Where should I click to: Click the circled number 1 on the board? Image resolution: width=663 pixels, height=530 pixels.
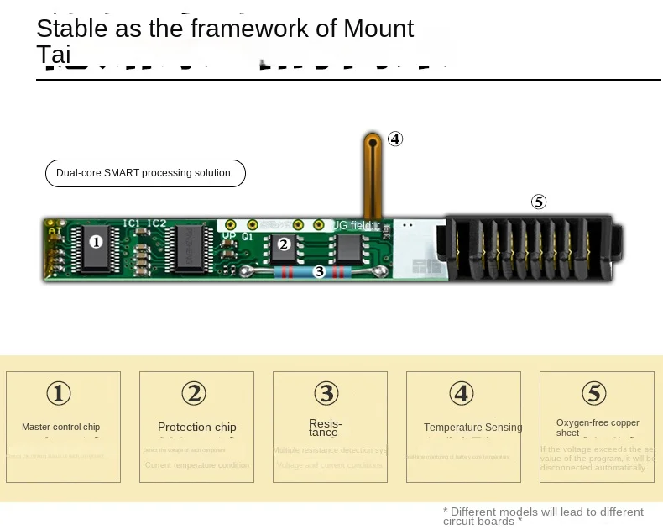click(96, 242)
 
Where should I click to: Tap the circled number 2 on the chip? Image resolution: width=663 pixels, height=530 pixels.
click(284, 244)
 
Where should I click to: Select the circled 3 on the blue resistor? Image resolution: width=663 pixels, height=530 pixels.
click(319, 271)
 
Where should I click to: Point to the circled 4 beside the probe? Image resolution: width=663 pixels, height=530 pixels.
click(394, 139)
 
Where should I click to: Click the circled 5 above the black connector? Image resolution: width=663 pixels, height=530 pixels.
click(539, 202)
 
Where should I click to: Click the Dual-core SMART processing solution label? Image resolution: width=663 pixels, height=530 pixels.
click(144, 173)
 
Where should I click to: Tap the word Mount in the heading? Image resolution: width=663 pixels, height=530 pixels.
click(378, 29)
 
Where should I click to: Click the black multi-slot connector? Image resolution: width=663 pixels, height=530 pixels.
click(534, 248)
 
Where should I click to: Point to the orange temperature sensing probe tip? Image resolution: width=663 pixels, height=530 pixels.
click(371, 143)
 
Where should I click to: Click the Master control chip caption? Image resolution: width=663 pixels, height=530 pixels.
click(61, 427)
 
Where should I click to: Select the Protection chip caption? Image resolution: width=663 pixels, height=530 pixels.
click(197, 427)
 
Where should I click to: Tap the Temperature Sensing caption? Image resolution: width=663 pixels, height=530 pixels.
click(472, 428)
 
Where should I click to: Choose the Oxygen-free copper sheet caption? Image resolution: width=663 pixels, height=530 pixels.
click(598, 428)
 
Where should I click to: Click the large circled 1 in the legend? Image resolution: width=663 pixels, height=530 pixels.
click(59, 393)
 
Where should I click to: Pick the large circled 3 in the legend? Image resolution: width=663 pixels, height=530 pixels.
click(326, 393)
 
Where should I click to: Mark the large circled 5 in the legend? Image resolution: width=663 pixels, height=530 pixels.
click(593, 393)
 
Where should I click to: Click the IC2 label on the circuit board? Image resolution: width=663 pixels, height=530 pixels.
click(157, 223)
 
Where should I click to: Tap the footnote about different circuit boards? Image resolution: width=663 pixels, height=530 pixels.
click(543, 516)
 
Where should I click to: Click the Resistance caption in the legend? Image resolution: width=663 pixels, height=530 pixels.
click(325, 428)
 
